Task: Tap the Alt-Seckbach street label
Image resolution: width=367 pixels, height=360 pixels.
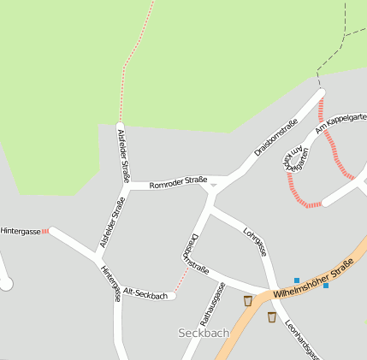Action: pyautogui.click(x=145, y=294)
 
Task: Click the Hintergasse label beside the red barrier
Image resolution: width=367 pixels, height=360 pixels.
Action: pyautogui.click(x=21, y=231)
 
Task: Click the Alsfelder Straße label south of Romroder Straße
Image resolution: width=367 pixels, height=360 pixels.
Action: pyautogui.click(x=112, y=222)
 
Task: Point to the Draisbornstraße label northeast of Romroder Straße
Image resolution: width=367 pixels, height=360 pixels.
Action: pyautogui.click(x=276, y=138)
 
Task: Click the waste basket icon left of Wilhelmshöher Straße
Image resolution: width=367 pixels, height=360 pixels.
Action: pyautogui.click(x=248, y=301)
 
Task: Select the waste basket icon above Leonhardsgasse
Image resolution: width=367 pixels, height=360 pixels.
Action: pyautogui.click(x=271, y=317)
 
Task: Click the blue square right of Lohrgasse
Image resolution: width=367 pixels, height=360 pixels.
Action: pyautogui.click(x=297, y=280)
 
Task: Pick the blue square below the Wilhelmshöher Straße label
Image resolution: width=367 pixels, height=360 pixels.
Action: pyautogui.click(x=325, y=286)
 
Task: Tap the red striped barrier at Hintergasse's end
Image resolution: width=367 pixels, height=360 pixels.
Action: pyautogui.click(x=45, y=231)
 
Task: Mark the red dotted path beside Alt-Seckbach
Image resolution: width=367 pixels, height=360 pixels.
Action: pyautogui.click(x=181, y=278)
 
